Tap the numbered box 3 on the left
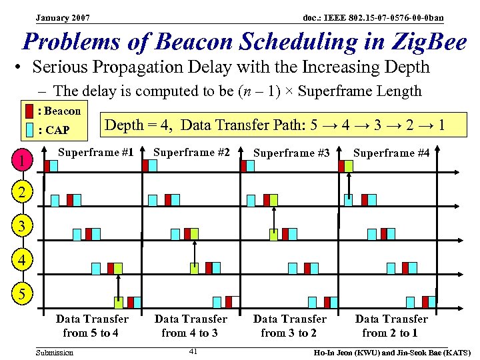pos(23,227)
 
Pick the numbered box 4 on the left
pos(23,260)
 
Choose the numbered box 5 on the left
pos(23,293)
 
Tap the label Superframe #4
pos(391,153)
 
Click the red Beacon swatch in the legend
pos(29,111)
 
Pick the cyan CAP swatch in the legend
pos(29,129)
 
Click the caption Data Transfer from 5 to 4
pos(91,325)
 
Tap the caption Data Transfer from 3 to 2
pos(289,325)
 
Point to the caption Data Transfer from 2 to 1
pos(391,325)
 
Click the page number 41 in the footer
pos(193,351)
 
